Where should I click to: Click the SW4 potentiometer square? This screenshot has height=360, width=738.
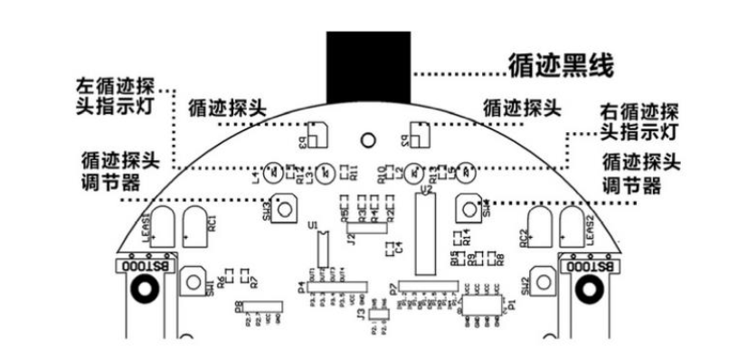(x=468, y=207)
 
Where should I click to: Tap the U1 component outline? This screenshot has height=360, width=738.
(x=319, y=245)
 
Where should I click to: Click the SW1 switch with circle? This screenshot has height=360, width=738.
(x=195, y=284)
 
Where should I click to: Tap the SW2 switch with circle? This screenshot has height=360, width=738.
(x=541, y=284)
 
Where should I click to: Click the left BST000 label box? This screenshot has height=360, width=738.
(x=143, y=266)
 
